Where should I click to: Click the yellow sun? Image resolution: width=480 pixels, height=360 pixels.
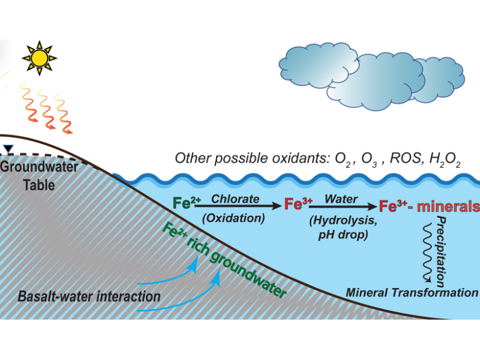pos(40,58)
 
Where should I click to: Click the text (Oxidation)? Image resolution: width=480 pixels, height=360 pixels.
pos(233,218)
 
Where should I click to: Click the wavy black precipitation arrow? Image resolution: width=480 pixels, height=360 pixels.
pos(428,252)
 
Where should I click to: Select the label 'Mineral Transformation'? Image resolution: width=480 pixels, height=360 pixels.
pos(410,292)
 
